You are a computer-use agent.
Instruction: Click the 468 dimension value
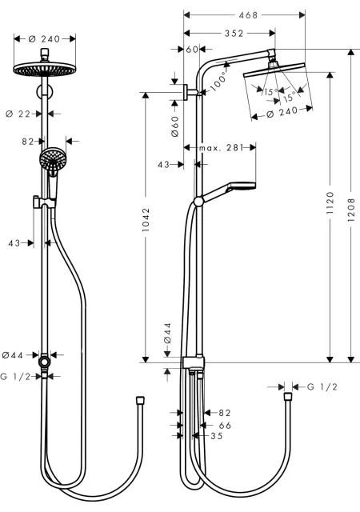248,15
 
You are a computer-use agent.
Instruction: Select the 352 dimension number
234,34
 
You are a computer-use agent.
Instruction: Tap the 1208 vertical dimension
351,210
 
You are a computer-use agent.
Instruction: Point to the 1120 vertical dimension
330,202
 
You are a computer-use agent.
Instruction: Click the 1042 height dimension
146,220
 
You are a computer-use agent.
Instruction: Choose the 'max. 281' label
222,148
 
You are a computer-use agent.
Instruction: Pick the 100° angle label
218,82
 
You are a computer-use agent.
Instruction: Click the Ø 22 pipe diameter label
18,114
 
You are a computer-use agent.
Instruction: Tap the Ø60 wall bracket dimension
174,126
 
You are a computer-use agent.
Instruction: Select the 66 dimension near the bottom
225,426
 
